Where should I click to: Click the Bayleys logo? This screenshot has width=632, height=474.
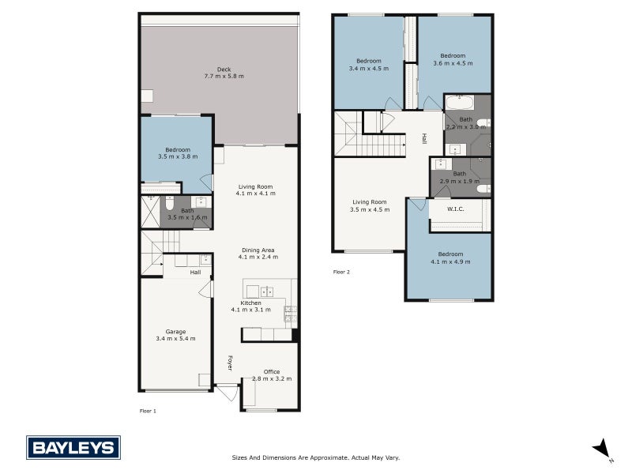pyautogui.click(x=73, y=448)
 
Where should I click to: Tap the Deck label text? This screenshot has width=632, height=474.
pyautogui.click(x=224, y=70)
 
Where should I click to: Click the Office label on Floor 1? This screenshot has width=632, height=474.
pyautogui.click(x=272, y=371)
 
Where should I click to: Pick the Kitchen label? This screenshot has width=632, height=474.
pyautogui.click(x=251, y=303)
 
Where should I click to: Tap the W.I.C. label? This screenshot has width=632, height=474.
pyautogui.click(x=455, y=209)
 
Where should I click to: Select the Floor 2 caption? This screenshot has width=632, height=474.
pyautogui.click(x=341, y=272)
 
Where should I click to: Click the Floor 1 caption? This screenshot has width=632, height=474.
pyautogui.click(x=148, y=412)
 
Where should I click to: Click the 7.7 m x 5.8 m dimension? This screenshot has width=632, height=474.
pyautogui.click(x=224, y=77)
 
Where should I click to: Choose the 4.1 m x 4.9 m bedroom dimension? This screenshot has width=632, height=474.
pyautogui.click(x=450, y=261)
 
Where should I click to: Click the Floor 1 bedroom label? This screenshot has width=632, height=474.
pyautogui.click(x=178, y=149)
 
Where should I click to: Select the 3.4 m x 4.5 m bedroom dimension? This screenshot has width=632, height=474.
pyautogui.click(x=368, y=69)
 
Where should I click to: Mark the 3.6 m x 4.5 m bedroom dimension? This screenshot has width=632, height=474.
pyautogui.click(x=453, y=62)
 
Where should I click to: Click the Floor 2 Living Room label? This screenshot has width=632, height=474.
pyautogui.click(x=369, y=201)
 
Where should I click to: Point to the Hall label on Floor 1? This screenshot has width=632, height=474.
pyautogui.click(x=195, y=273)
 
